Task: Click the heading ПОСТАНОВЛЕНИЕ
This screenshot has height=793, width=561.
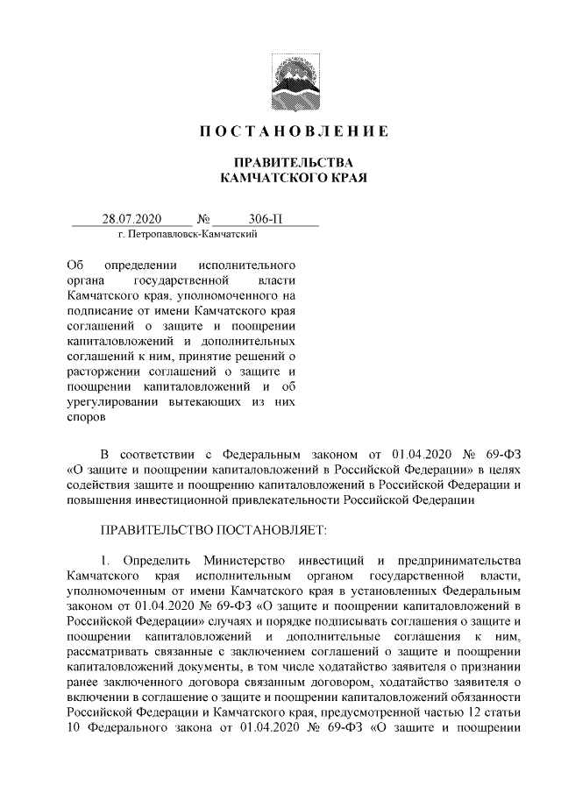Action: (x=280, y=132)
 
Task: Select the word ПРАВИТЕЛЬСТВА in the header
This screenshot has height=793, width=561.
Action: (x=280, y=164)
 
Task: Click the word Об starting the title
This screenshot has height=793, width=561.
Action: (x=75, y=265)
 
